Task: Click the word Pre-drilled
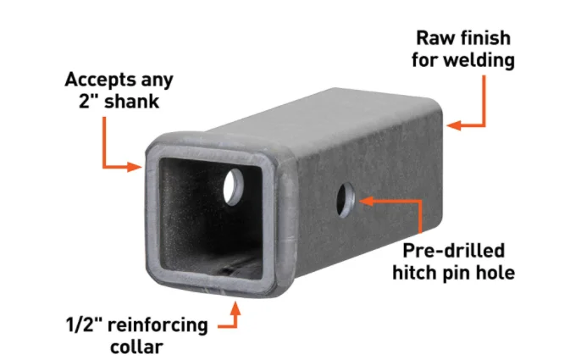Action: (454, 251)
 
